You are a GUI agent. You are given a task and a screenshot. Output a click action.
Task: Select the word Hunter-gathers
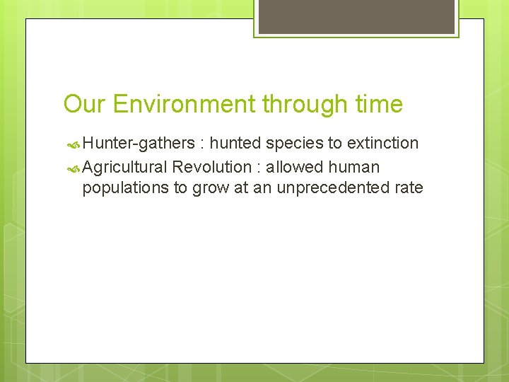coord(138,144)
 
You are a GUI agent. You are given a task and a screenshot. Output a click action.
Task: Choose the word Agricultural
coord(124,168)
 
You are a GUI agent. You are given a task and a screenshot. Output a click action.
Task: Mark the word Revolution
coord(211,168)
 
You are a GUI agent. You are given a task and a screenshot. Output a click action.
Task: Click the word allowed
coord(296,168)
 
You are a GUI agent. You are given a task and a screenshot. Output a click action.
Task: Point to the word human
coord(353,168)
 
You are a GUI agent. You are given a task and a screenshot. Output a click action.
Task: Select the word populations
coord(123,188)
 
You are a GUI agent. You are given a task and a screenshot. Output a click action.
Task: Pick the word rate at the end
coord(409,188)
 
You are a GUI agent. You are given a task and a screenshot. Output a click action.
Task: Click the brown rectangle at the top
coord(356,16)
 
